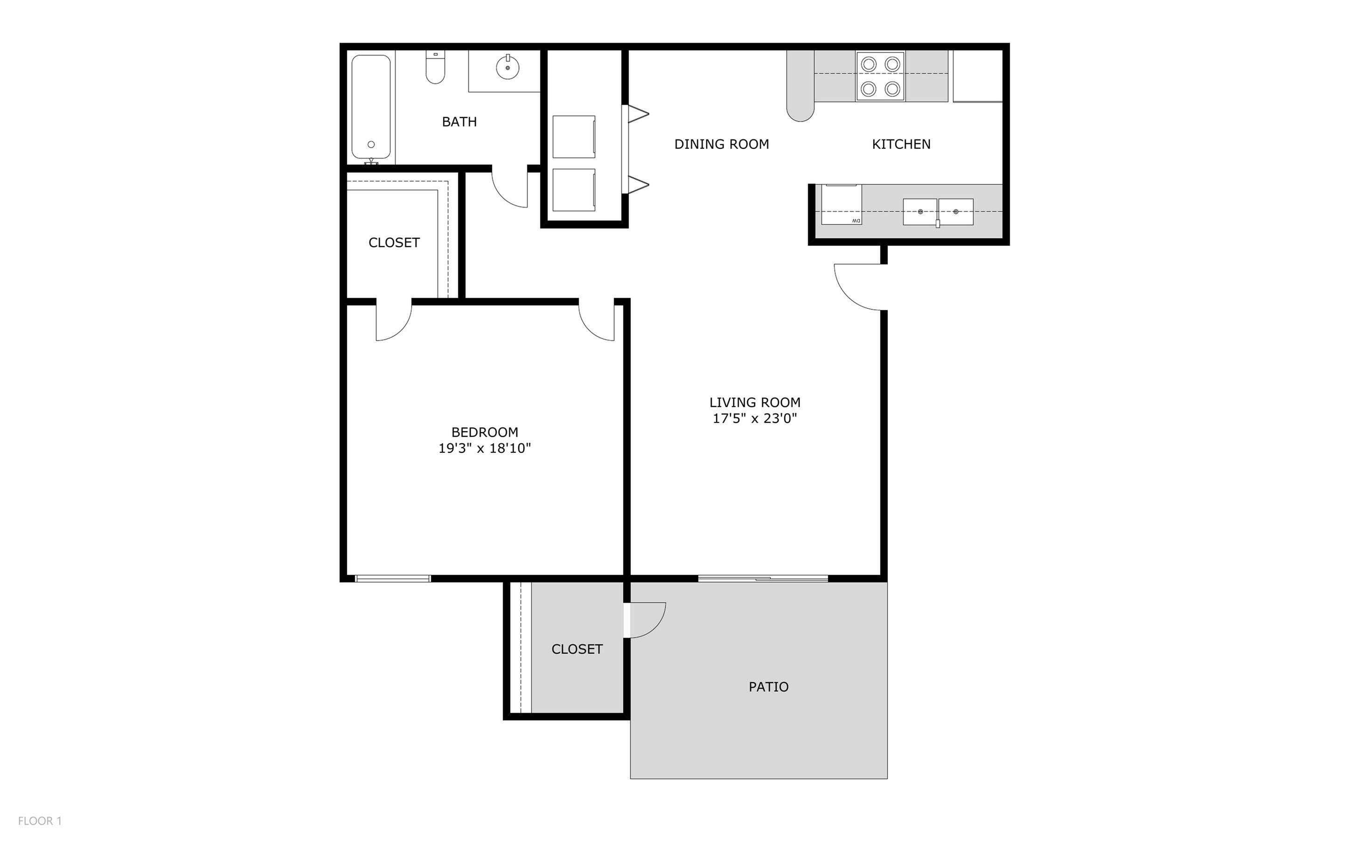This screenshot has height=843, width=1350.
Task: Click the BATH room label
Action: click(459, 122)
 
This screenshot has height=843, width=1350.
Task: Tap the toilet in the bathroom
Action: click(435, 67)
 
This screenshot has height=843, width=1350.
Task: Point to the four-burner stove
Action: click(880, 76)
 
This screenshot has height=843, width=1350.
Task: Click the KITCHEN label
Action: click(901, 145)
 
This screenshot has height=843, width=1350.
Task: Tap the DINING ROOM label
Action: click(722, 145)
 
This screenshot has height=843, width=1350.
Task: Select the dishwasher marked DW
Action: click(842, 205)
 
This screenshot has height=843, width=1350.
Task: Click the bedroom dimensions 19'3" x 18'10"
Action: click(485, 448)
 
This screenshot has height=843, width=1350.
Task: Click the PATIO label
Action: click(768, 687)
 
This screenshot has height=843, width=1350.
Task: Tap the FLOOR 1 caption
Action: click(40, 821)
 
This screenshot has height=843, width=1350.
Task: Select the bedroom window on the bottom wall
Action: click(393, 579)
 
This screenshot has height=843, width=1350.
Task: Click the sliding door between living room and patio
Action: click(763, 579)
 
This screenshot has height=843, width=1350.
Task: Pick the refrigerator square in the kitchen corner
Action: click(977, 76)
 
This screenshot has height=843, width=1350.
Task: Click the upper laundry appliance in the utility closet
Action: click(574, 137)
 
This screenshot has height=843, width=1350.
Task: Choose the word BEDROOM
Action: click(485, 432)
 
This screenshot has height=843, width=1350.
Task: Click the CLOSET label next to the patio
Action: click(577, 650)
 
